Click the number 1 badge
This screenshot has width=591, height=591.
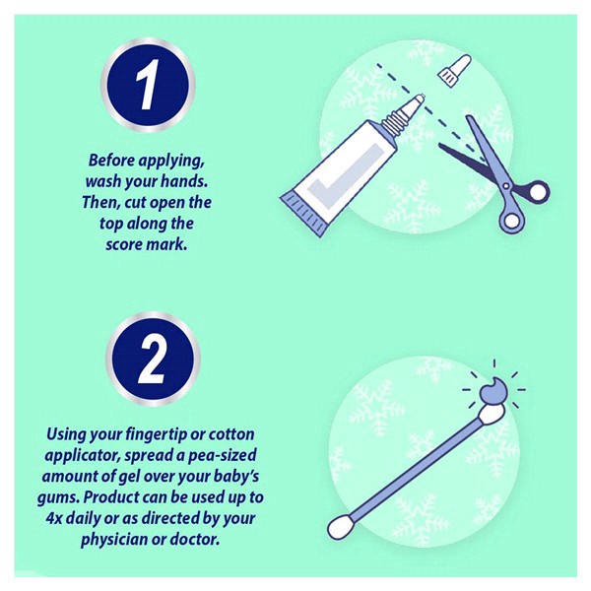point(148,85)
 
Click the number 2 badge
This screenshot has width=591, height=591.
point(153,359)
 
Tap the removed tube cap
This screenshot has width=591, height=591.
point(454,71)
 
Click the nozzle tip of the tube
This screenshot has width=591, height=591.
point(421,98)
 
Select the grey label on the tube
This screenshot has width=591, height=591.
point(339,169)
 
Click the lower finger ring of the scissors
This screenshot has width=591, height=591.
point(511,220)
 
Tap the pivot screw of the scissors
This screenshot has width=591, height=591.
point(506,185)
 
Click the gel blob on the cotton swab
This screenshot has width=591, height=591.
point(493,390)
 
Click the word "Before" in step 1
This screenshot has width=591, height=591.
point(111,161)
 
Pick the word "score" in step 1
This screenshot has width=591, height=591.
point(124,244)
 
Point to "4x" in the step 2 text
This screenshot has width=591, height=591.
point(54,519)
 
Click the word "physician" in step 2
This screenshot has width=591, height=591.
point(114,540)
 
